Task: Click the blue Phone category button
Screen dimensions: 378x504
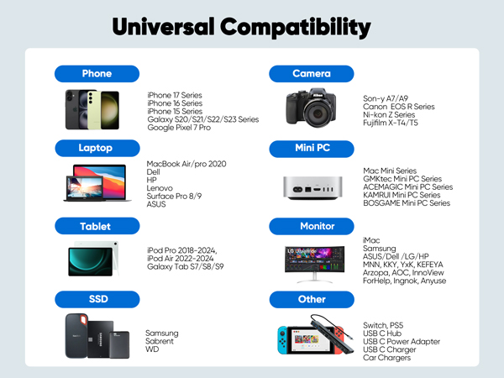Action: point(97,73)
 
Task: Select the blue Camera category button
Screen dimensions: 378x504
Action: point(311,73)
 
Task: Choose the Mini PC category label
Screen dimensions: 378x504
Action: point(311,149)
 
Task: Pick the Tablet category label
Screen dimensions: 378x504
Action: point(97,226)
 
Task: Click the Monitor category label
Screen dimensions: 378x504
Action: point(311,226)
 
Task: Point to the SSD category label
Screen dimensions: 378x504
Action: point(97,299)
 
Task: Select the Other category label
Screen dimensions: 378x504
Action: point(311,299)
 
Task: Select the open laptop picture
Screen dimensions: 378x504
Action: point(97,182)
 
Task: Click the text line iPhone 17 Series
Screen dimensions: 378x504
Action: point(175,95)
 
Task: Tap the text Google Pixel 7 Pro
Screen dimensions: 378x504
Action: point(177,128)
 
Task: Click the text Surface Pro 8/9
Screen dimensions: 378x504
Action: point(174,195)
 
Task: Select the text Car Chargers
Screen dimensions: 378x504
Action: point(386,358)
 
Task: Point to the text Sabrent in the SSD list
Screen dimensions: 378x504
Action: point(160,341)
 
